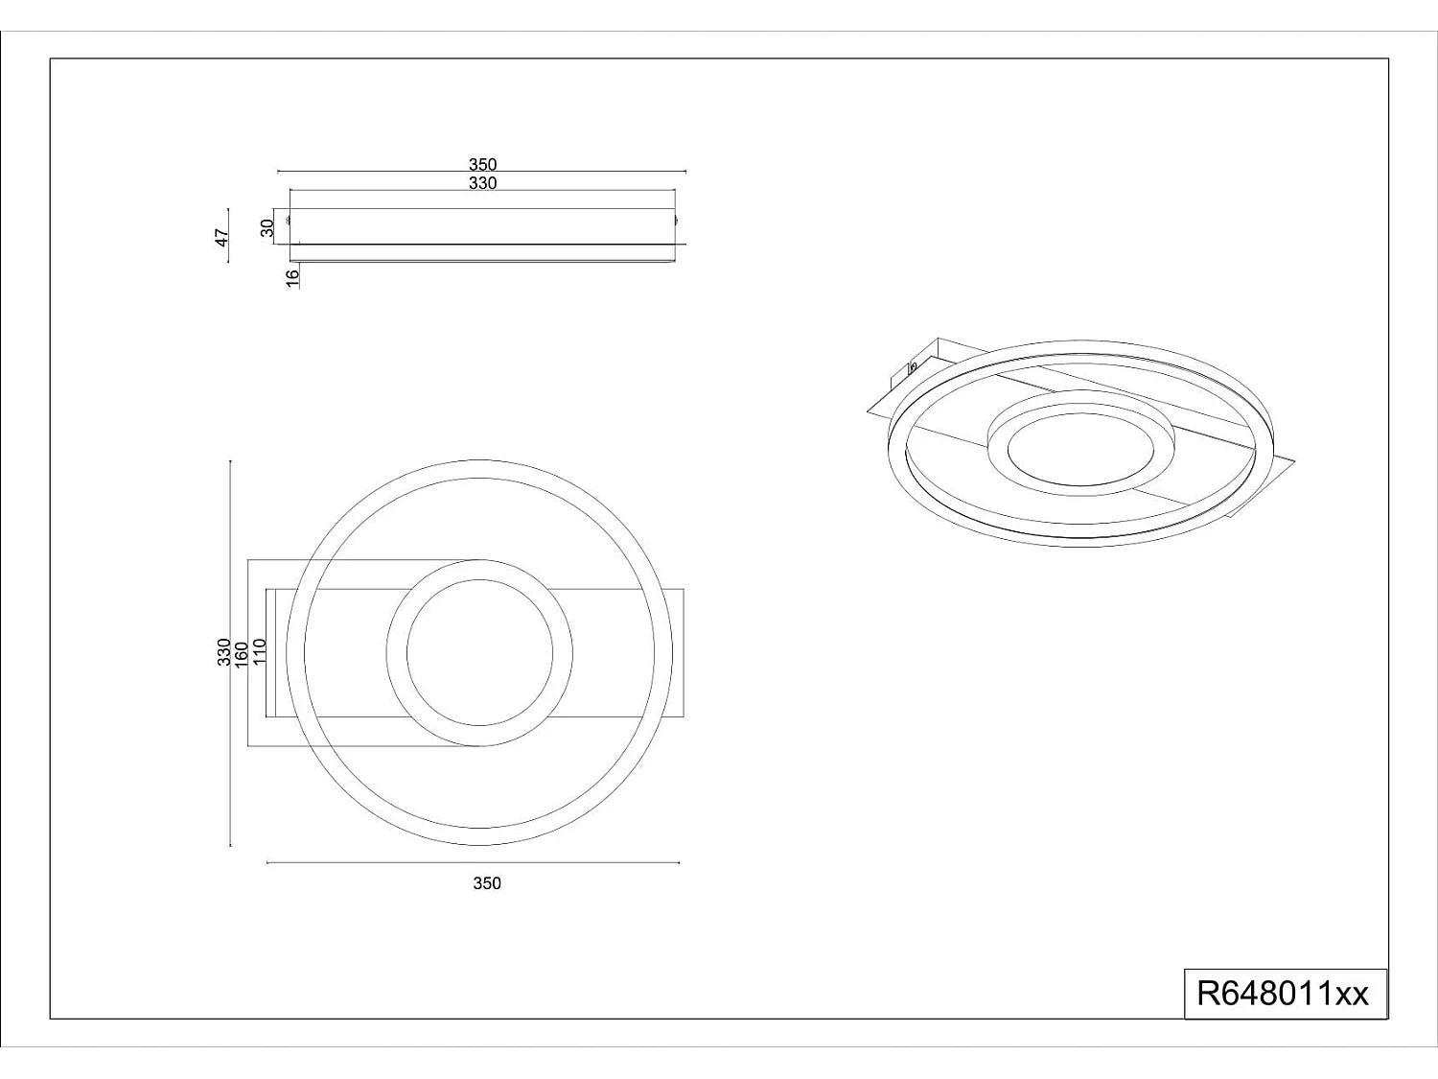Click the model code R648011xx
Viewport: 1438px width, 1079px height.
tap(1284, 994)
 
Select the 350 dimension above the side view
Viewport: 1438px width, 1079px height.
tap(482, 164)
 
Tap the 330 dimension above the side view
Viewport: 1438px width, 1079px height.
tap(482, 183)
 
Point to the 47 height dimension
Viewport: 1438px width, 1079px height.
tap(221, 238)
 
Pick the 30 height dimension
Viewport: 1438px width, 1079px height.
tap(267, 227)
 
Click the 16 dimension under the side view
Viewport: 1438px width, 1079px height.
tap(292, 276)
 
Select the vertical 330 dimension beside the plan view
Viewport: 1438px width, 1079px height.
tap(223, 652)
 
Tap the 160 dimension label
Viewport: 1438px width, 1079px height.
tap(242, 653)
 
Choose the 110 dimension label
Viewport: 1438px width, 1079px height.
tap(259, 652)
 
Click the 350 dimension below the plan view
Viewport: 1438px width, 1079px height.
tap(487, 883)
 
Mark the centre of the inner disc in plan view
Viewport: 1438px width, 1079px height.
tap(479, 653)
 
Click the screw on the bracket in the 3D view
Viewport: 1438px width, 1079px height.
tap(913, 366)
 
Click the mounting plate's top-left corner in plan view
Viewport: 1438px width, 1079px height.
tap(248, 559)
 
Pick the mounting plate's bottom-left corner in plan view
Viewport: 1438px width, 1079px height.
tap(248, 746)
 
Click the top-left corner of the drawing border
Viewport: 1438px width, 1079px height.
tap(50, 59)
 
